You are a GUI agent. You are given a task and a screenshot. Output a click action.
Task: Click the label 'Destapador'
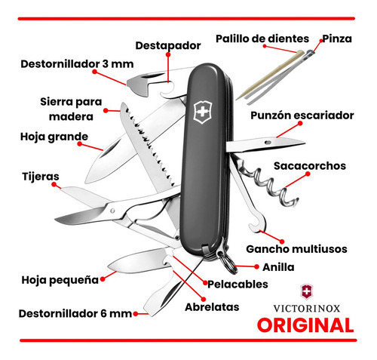[168, 45]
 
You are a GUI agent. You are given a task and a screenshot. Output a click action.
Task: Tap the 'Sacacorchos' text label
[310, 166]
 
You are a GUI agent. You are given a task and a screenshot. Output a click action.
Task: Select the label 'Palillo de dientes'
[262, 38]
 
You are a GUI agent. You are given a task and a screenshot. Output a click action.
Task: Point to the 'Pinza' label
[337, 38]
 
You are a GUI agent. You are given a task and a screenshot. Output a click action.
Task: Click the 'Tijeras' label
[41, 177]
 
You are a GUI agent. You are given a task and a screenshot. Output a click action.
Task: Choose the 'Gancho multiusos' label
[296, 249]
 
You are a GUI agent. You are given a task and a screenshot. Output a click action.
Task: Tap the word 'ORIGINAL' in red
[305, 325]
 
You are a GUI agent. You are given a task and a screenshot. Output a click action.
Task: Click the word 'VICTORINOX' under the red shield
[307, 309]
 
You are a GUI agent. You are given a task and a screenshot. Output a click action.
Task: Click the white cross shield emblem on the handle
[203, 112]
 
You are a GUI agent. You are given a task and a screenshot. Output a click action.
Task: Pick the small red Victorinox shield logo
[307, 292]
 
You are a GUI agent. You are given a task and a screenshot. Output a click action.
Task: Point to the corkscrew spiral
[273, 186]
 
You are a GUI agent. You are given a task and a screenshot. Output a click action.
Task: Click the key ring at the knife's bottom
[227, 263]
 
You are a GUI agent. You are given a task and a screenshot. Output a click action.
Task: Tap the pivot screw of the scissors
[112, 211]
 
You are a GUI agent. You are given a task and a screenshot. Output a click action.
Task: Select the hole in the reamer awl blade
[268, 143]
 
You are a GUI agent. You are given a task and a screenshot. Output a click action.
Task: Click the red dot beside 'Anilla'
[256, 267]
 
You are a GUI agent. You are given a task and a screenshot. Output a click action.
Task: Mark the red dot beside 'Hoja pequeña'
[103, 279]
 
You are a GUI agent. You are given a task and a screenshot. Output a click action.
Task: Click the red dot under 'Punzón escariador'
[300, 123]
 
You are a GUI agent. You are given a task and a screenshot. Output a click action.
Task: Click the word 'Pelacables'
[238, 285]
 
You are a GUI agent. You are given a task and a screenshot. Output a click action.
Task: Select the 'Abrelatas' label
[212, 307]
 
